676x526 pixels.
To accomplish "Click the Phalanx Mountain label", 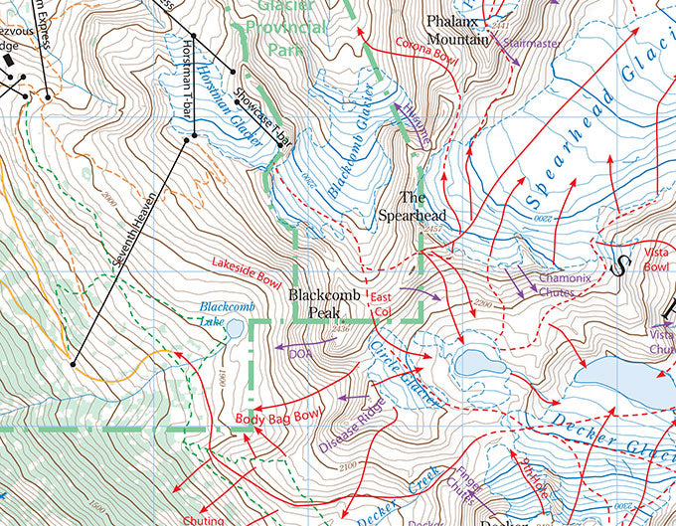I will pyautogui.click(x=458, y=30).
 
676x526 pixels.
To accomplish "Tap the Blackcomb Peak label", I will pyautogui.click(x=315, y=304).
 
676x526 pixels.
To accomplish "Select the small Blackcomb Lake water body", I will pyautogui.click(x=235, y=328).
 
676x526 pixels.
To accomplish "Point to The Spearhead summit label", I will pyautogui.click(x=411, y=206).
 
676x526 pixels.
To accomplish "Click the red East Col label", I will pyautogui.click(x=380, y=304).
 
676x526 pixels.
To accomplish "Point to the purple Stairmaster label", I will pyautogui.click(x=531, y=44).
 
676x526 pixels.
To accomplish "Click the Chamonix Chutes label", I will pyautogui.click(x=565, y=285).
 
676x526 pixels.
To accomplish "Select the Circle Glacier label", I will pyautogui.click(x=403, y=372).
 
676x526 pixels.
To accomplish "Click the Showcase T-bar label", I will pyautogui.click(x=261, y=119).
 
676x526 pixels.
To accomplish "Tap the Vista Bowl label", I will pyautogui.click(x=656, y=261).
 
